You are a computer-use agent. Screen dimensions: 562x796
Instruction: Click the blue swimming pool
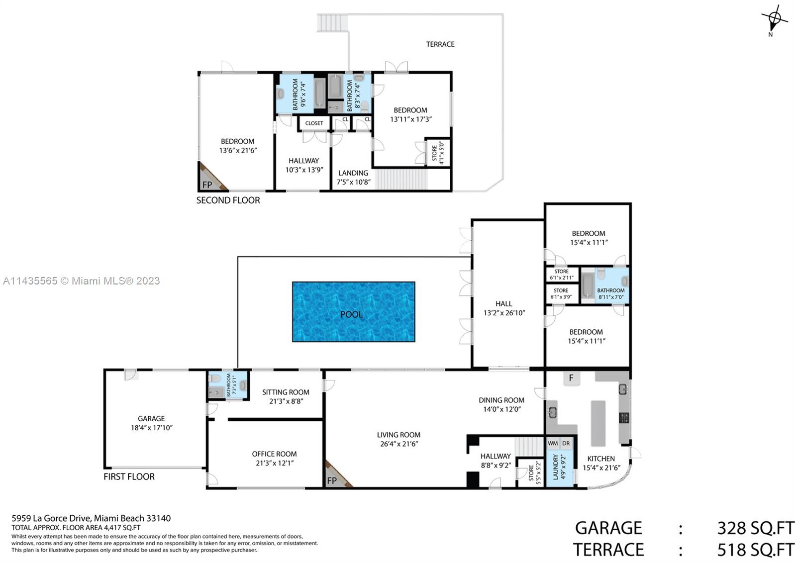(x=353, y=312)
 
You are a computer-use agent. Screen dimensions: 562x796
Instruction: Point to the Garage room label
(x=151, y=419)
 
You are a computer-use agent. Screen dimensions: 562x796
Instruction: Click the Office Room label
(x=274, y=454)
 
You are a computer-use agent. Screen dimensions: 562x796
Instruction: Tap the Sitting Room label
(x=286, y=392)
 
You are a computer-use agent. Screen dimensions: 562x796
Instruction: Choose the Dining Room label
(x=501, y=400)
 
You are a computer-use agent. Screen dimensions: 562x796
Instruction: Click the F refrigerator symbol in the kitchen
(x=571, y=378)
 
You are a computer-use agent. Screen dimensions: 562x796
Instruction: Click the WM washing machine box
(x=553, y=443)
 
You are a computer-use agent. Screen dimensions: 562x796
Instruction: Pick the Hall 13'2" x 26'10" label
(x=504, y=308)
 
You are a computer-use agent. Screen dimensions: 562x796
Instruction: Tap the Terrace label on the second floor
(x=440, y=44)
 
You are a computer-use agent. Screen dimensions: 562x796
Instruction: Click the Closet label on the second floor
(x=314, y=123)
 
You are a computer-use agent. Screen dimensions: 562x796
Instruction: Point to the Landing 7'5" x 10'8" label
(x=353, y=177)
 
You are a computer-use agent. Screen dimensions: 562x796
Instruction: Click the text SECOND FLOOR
(x=228, y=200)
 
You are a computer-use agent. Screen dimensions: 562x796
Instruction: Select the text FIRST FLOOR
(x=129, y=476)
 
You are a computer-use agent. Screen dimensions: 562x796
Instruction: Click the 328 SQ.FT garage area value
(x=755, y=528)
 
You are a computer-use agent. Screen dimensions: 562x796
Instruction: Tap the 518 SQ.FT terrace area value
(x=755, y=550)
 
